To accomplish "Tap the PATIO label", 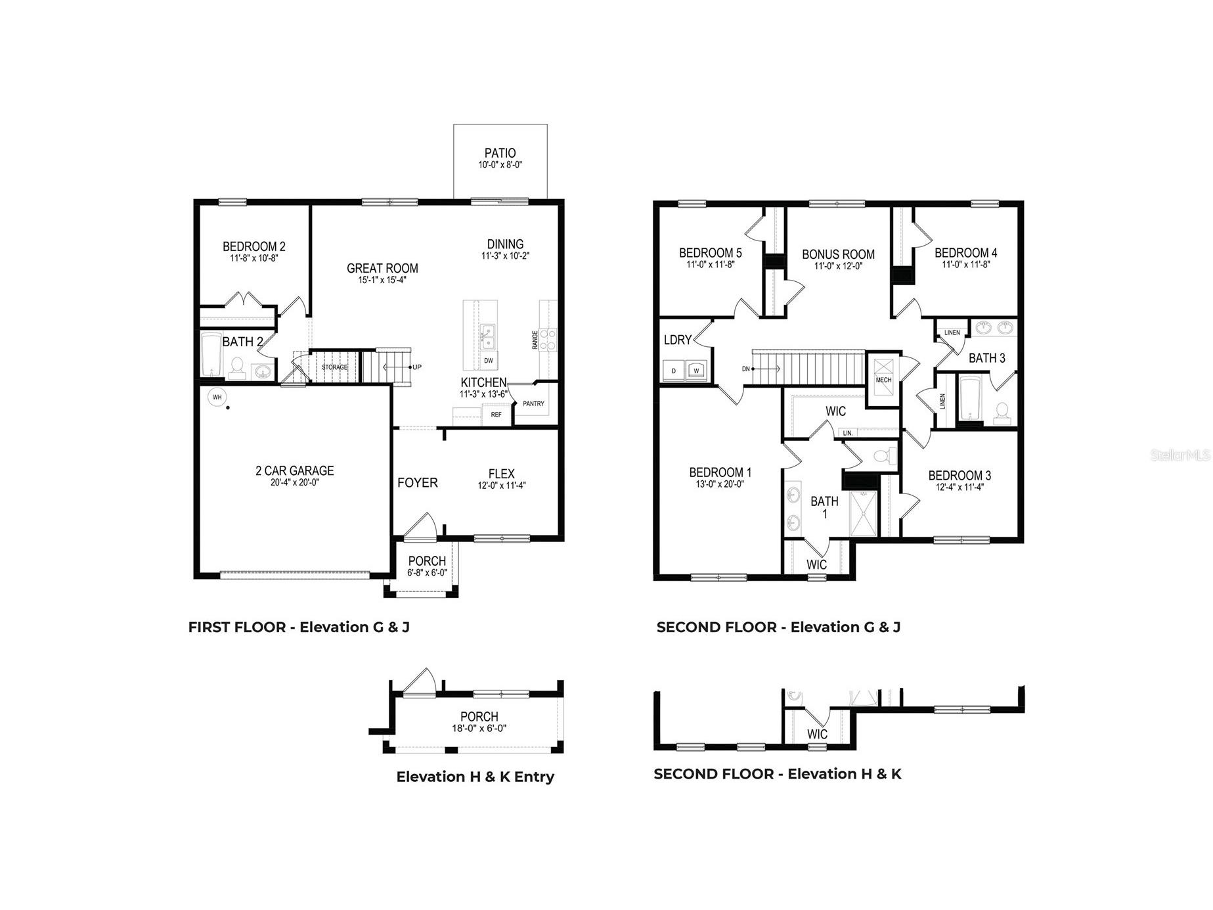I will [x=500, y=153].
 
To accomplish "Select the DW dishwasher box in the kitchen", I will [x=489, y=361].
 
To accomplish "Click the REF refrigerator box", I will [x=496, y=415].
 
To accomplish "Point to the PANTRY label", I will [x=533, y=403].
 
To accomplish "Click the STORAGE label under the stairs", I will [x=334, y=367].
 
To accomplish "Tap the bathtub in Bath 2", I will [x=211, y=354].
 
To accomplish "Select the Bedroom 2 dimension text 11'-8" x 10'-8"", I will [x=254, y=259].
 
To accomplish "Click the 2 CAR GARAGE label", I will [x=294, y=470].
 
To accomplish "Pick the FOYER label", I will [x=417, y=483].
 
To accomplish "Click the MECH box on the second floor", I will [x=883, y=380].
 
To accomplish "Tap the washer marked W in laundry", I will [x=697, y=371].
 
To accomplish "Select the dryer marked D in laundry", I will [x=673, y=371].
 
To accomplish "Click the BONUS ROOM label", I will [x=838, y=254].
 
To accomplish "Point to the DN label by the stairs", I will [x=746, y=369].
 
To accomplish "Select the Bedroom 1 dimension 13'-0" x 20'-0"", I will [x=720, y=484].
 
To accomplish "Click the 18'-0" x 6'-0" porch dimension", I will [x=479, y=728].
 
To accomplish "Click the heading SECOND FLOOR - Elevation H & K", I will [x=778, y=774].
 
